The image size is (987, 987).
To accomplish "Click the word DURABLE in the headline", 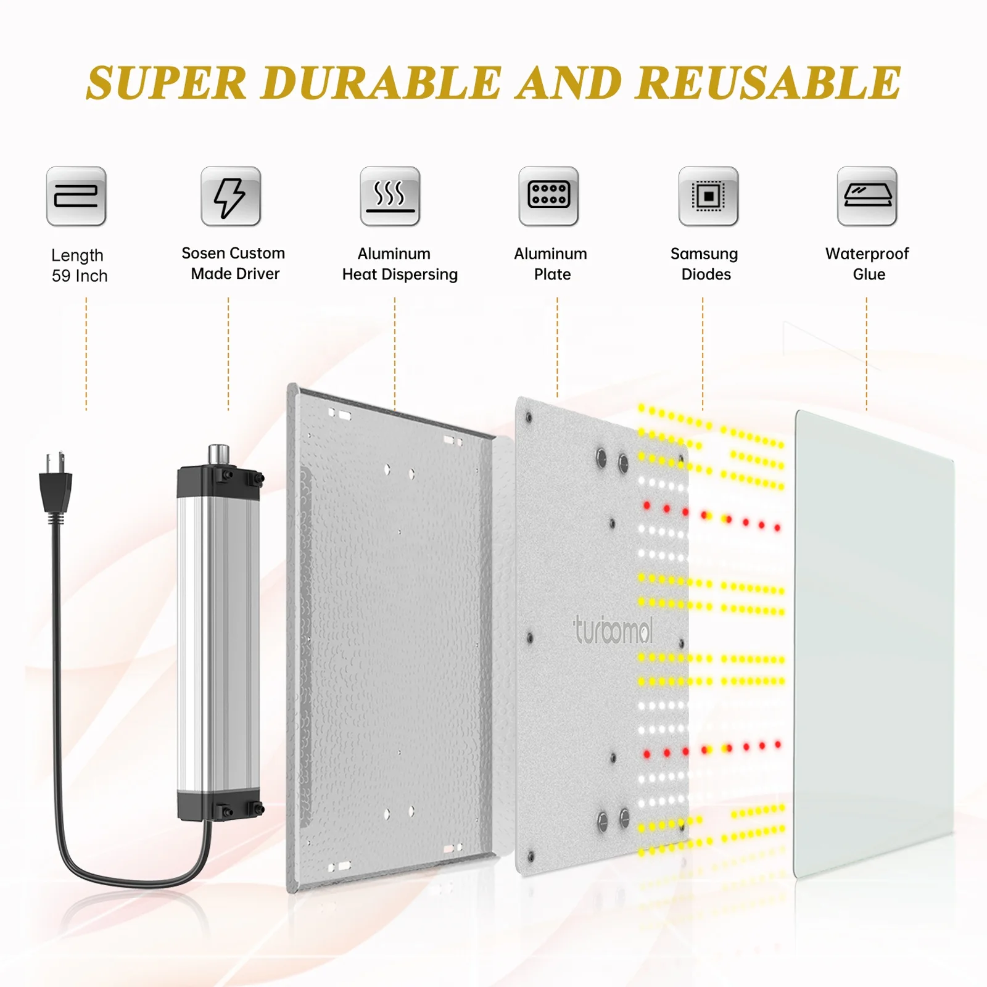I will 381,83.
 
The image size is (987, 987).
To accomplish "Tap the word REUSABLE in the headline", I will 768,83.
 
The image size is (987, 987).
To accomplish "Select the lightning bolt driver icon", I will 231,197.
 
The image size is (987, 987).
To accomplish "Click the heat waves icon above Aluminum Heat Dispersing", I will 390,197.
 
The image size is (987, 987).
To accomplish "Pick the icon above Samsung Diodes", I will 708,197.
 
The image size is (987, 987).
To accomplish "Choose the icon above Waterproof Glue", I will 867,197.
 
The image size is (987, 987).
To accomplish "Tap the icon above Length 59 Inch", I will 76,197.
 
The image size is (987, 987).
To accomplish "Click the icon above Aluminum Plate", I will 548,197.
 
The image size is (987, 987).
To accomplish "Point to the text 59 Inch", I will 80,276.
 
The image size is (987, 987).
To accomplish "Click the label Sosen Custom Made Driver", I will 234,263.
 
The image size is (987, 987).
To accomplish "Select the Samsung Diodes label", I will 704,264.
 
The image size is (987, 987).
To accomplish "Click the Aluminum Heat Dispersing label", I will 399,264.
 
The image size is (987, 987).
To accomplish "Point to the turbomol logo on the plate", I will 613,630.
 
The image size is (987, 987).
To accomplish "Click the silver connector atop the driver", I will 218,455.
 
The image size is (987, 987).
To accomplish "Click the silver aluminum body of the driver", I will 218,642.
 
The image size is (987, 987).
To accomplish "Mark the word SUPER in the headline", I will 167,83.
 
